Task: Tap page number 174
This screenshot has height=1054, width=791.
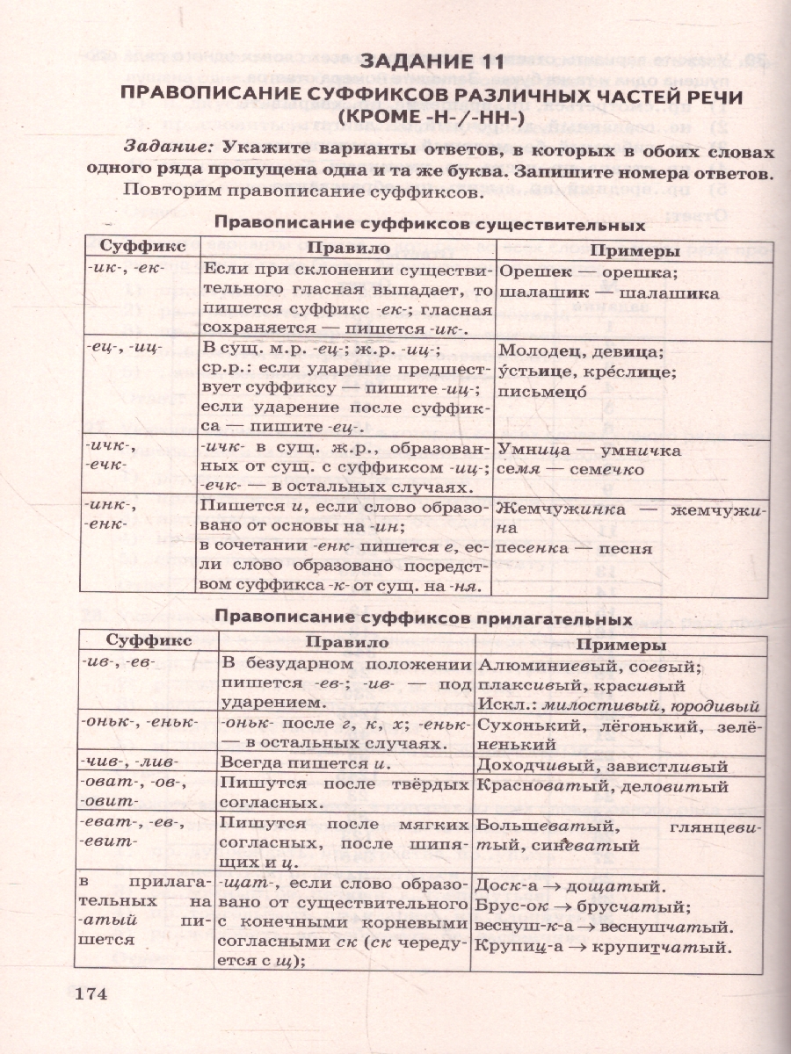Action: point(90,994)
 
